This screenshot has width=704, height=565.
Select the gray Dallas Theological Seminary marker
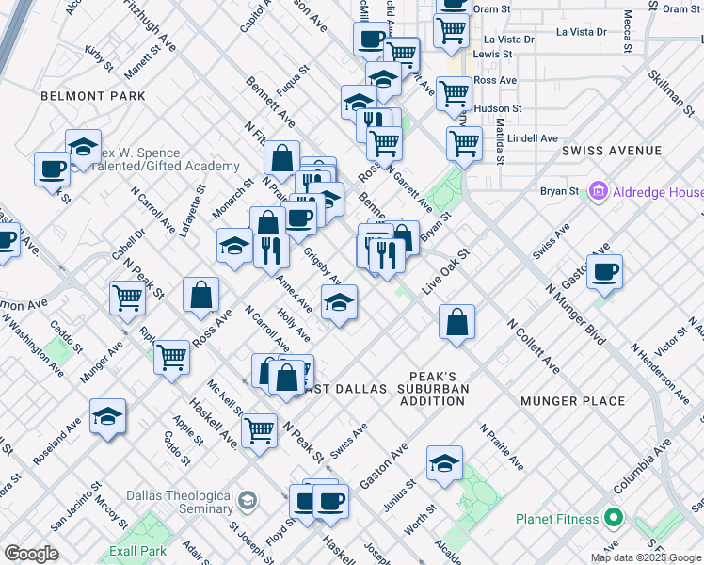pos(248,500)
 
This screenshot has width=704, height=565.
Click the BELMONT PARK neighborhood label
pos(93,96)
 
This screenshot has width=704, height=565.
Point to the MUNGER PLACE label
pos(573,401)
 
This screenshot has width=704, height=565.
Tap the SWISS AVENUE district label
pos(612,151)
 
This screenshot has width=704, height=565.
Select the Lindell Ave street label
pos(533,137)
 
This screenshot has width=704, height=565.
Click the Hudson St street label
pos(498,109)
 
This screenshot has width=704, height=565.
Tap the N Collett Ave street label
pos(533,345)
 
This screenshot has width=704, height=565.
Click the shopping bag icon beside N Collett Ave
pos(456,321)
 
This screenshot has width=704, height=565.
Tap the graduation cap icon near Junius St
pos(444,462)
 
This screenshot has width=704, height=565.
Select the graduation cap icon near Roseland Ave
pos(108,415)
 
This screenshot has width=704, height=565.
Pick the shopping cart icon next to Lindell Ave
pos(465,143)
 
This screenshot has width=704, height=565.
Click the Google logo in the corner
pos(31,554)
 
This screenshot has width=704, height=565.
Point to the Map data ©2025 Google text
pos(646,557)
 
